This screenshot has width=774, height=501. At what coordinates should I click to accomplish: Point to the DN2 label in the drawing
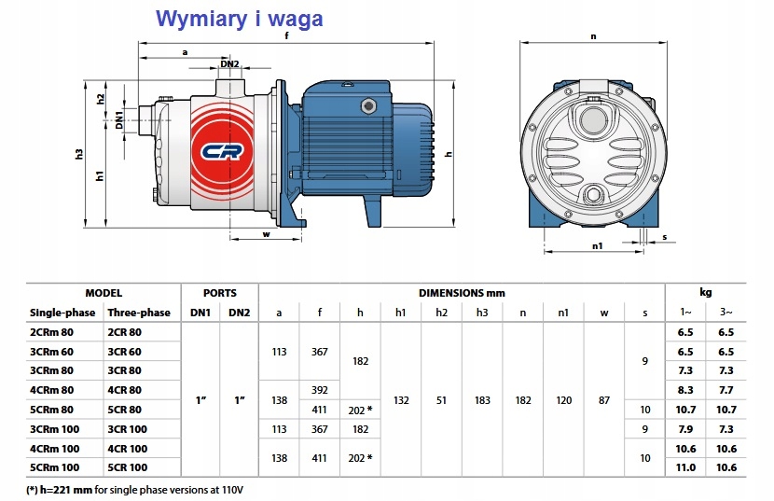coord(230,63)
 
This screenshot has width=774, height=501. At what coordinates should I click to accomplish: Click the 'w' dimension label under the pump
coord(267,234)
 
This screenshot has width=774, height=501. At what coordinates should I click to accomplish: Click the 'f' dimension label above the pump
coord(286,36)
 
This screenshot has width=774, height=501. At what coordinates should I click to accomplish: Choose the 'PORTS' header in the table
coord(219,292)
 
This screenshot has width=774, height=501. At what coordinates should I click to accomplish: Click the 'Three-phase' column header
coord(138,312)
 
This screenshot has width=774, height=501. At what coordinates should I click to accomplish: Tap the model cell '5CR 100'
coord(129,467)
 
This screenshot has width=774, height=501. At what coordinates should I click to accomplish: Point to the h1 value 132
coord(402,400)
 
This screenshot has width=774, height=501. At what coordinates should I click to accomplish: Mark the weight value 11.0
coord(685,467)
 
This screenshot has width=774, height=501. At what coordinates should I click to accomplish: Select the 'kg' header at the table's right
coord(706,292)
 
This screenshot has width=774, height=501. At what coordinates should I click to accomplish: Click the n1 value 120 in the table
coord(564,400)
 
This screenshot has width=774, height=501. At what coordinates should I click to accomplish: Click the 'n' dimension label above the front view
coord(594,36)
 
